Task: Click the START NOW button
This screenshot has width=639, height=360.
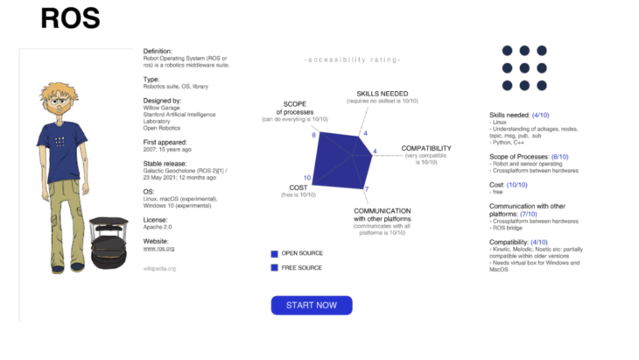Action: [x=312, y=305]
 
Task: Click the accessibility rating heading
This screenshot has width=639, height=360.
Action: [x=352, y=60]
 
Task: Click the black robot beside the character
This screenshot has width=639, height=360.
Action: [x=109, y=243]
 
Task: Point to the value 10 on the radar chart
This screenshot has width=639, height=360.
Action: [x=307, y=178]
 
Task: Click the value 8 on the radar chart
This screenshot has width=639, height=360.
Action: [x=313, y=135]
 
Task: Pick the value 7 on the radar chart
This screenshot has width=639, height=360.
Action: [x=367, y=189]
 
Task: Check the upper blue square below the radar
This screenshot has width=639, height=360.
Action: [x=274, y=254]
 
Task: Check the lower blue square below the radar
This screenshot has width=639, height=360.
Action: [x=274, y=267]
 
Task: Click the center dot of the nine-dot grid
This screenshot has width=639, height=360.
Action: [x=524, y=67]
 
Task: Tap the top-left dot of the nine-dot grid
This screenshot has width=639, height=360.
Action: [x=507, y=51]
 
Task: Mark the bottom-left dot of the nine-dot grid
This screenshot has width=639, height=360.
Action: [x=507, y=85]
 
